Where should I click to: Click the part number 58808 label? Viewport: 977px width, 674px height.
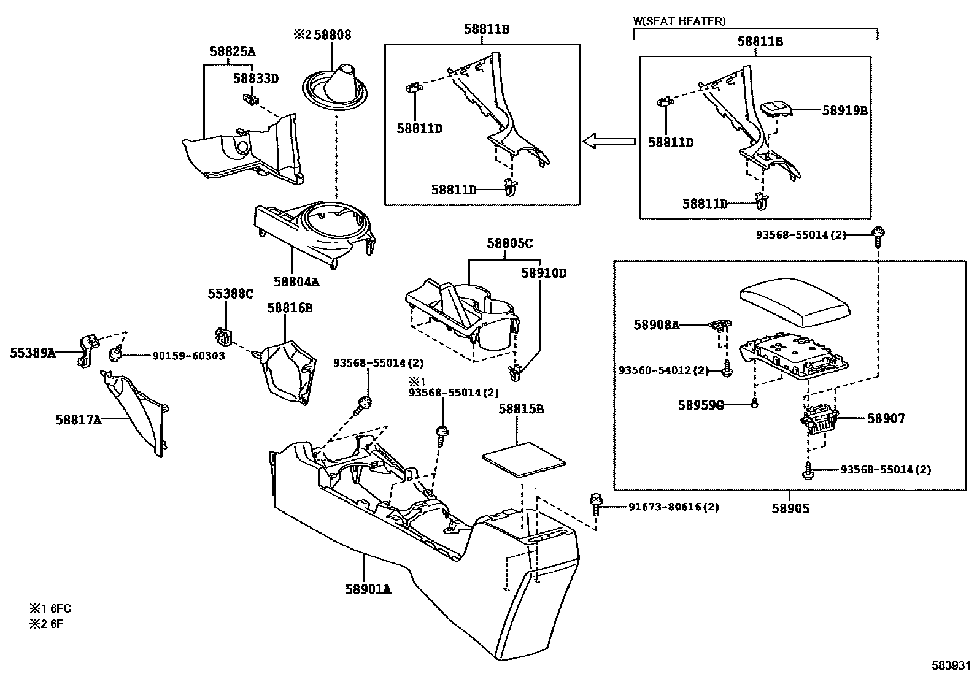click(x=332, y=35)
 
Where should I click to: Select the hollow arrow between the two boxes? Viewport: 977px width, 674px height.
click(x=608, y=142)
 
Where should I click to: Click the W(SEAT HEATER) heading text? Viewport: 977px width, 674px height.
click(x=679, y=21)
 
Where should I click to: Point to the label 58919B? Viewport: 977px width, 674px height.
click(x=845, y=110)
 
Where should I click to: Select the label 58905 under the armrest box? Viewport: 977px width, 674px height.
click(x=790, y=508)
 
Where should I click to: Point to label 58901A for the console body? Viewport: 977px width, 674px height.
click(x=368, y=589)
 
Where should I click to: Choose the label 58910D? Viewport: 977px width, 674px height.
click(x=544, y=273)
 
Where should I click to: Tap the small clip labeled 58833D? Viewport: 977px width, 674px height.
click(x=249, y=98)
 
